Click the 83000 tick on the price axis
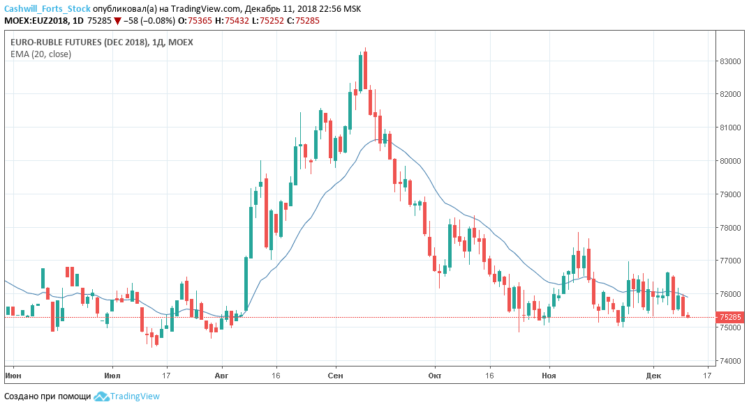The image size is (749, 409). (730, 61)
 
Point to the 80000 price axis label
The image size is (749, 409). (730, 161)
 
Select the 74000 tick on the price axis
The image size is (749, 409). (730, 361)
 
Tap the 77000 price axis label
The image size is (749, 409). (730, 261)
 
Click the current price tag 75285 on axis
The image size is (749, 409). (730, 317)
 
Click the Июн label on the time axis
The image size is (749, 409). (13, 376)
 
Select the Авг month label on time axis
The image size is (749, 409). (222, 376)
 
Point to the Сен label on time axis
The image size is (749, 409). (336, 376)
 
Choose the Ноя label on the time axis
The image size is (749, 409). (550, 376)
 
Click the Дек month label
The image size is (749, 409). (653, 376)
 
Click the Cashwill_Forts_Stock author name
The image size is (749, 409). (47, 9)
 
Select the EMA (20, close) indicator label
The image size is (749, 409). (40, 54)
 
